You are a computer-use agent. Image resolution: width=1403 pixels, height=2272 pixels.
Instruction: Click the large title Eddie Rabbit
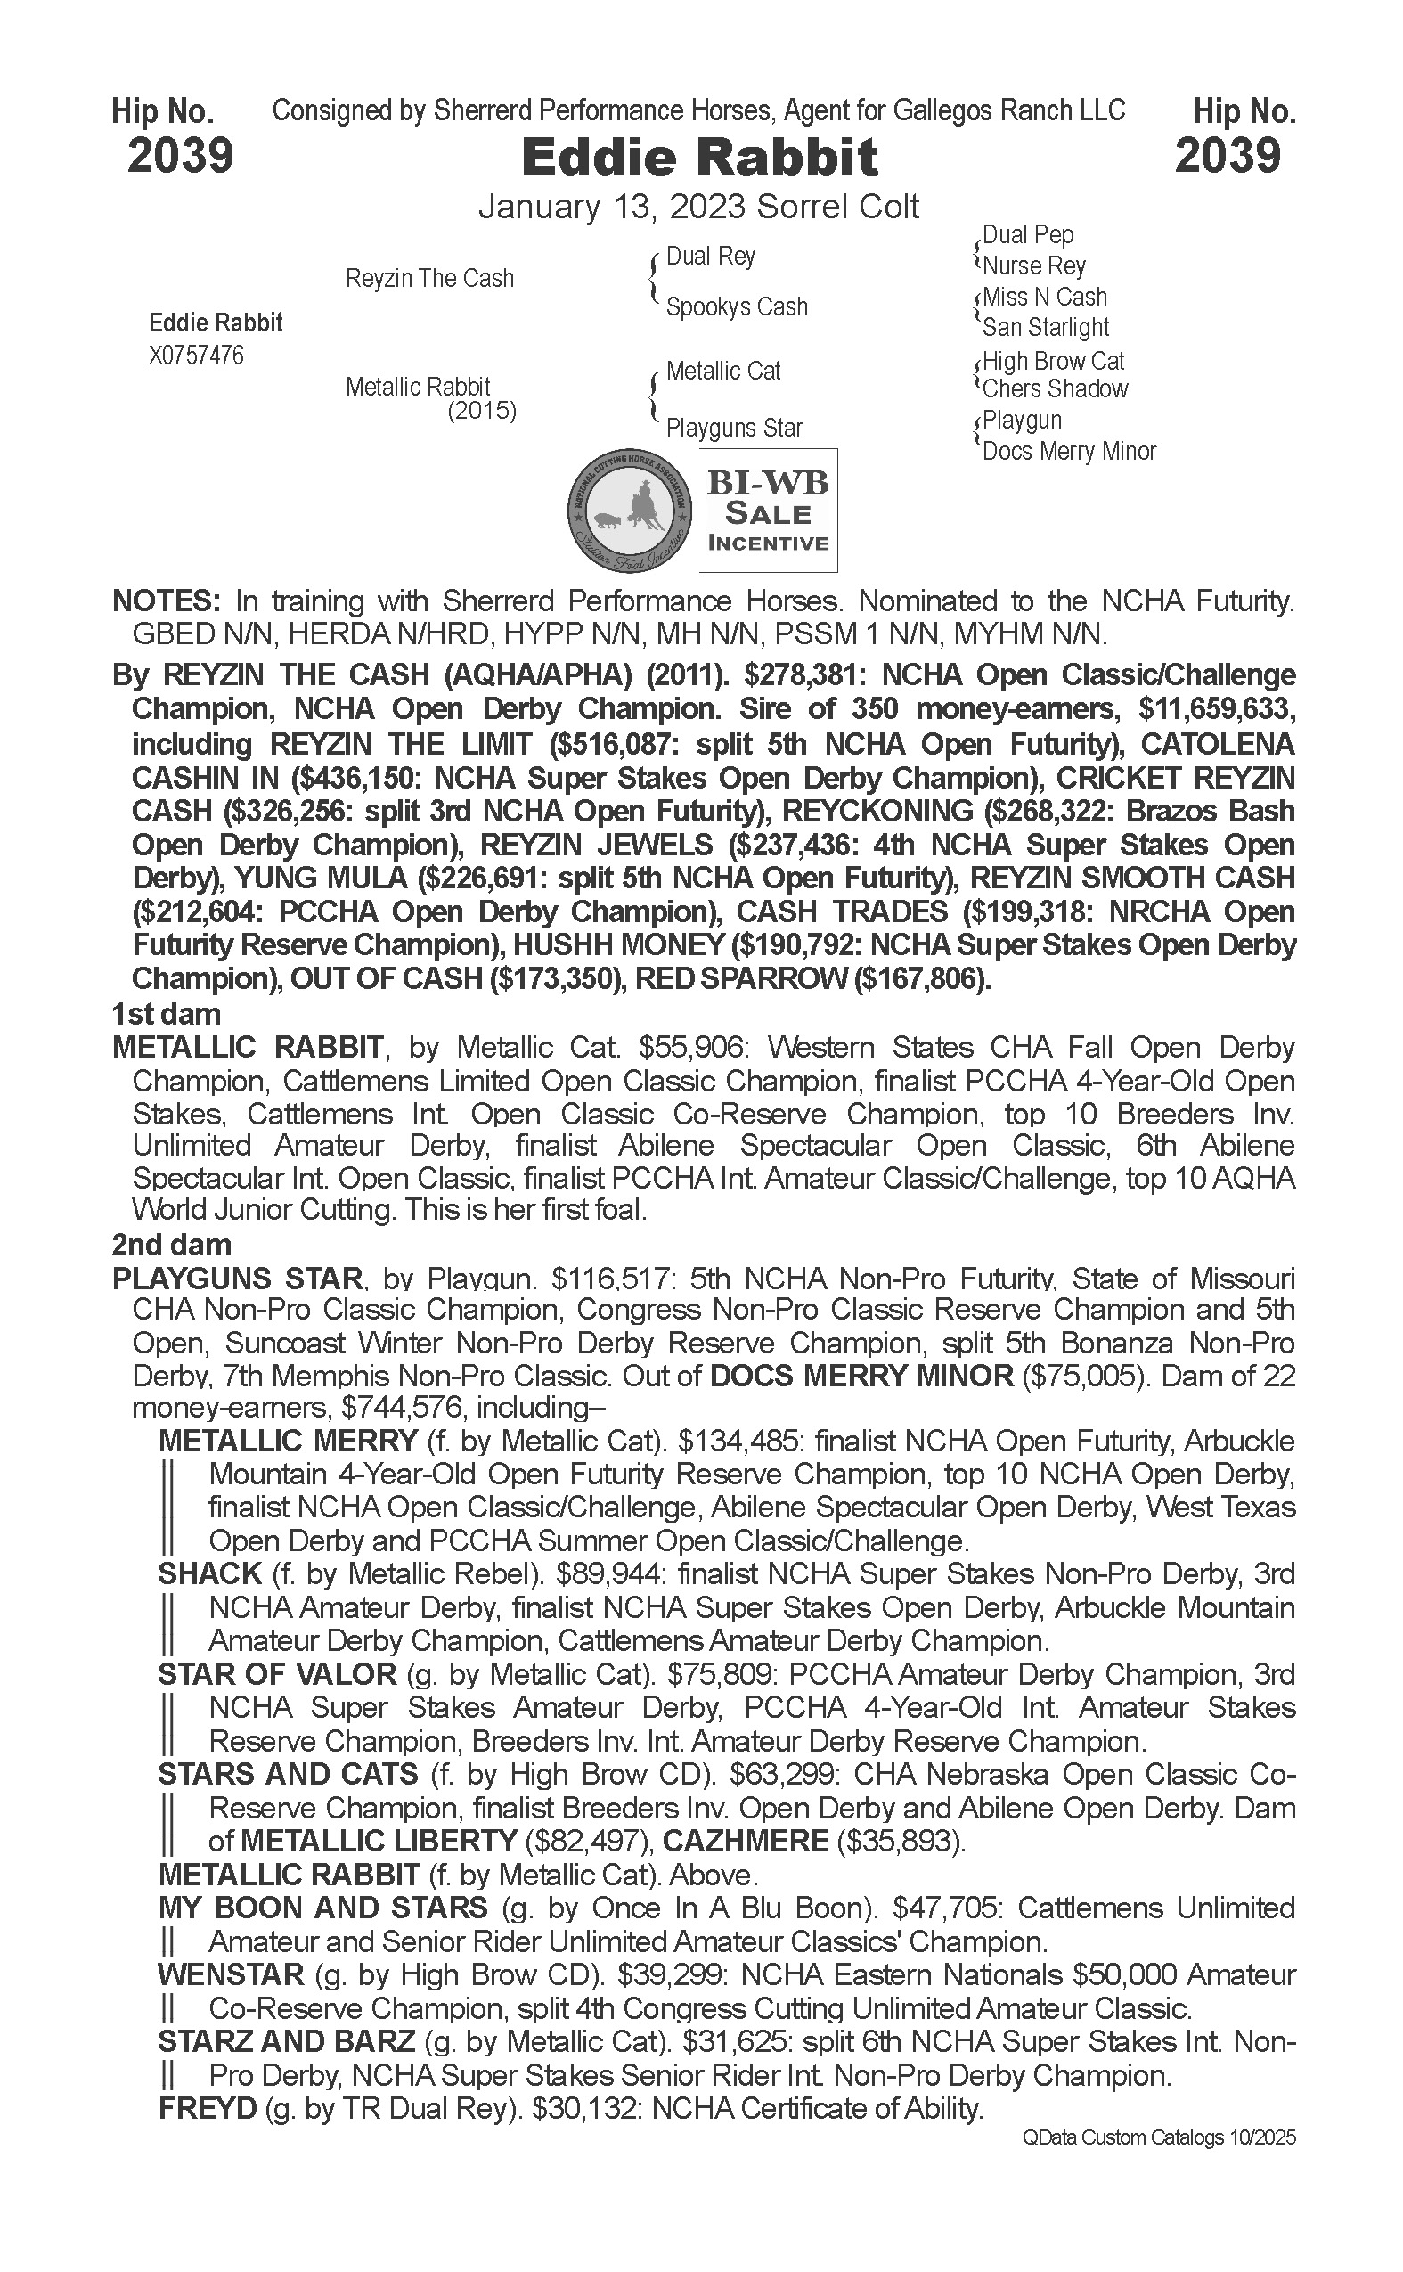pyautogui.click(x=699, y=157)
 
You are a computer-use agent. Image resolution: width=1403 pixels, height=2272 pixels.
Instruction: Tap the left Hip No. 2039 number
pyautogui.click(x=180, y=155)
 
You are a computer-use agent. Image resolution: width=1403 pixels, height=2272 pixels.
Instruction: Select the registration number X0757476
pyautogui.click(x=196, y=356)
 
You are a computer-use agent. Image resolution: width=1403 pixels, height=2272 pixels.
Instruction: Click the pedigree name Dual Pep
pyautogui.click(x=1027, y=235)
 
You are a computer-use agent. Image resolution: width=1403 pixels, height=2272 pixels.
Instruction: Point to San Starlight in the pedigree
pyautogui.click(x=1046, y=327)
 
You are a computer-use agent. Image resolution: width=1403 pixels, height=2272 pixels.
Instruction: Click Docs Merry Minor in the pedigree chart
pyautogui.click(x=1069, y=451)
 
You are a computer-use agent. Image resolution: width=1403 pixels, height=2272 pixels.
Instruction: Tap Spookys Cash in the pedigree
pyautogui.click(x=737, y=307)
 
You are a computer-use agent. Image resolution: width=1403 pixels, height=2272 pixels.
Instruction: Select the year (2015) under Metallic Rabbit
pyautogui.click(x=482, y=410)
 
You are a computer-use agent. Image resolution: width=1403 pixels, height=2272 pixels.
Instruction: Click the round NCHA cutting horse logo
pyautogui.click(x=630, y=510)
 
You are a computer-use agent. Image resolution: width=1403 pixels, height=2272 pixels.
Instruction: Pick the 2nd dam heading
pyautogui.click(x=172, y=1245)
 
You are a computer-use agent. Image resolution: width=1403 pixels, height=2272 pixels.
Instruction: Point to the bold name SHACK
pyautogui.click(x=209, y=1574)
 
